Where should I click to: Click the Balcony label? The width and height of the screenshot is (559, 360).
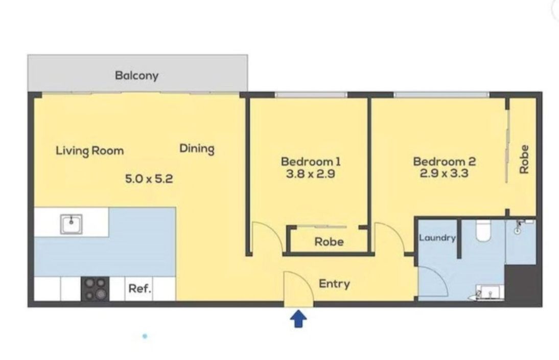[136, 76]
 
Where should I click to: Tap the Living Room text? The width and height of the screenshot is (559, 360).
[90, 150]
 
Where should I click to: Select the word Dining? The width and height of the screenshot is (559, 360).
[197, 148]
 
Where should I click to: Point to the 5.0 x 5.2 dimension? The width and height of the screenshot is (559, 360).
[149, 178]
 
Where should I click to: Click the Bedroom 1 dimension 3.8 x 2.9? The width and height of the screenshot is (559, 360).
[311, 174]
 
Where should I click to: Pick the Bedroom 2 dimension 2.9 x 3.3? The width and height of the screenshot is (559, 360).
[444, 173]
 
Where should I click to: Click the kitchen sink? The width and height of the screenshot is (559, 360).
[72, 224]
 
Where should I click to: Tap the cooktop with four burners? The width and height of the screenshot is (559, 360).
[95, 288]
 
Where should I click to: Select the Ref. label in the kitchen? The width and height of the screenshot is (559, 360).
[140, 288]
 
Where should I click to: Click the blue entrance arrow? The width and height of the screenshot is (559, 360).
[298, 319]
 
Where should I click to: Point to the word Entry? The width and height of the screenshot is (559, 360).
[334, 284]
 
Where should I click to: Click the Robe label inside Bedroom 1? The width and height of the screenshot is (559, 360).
[329, 242]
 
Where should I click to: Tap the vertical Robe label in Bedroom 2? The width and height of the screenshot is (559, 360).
[524, 159]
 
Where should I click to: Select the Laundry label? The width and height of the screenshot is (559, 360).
[437, 238]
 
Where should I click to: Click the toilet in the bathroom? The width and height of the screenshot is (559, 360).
[484, 230]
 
